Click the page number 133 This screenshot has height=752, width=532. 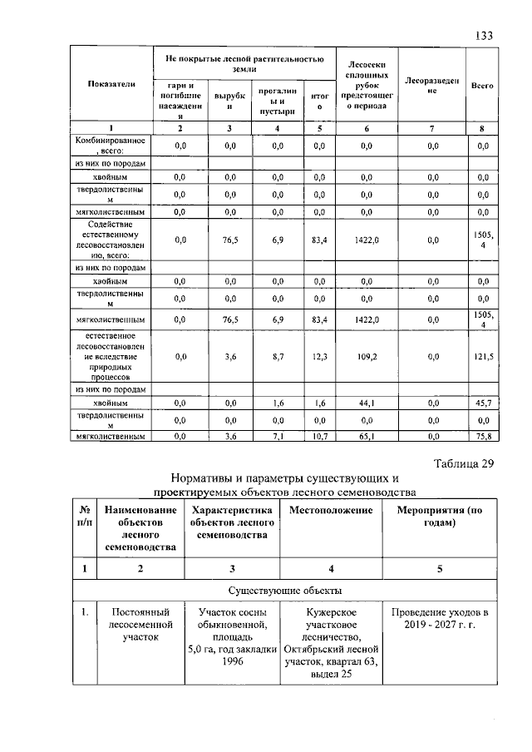[x=484, y=36]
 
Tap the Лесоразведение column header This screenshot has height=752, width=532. [x=431, y=86]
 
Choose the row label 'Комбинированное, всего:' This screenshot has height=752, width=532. [x=110, y=146]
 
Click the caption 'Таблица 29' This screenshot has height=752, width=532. [x=465, y=464]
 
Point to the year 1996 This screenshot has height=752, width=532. [x=232, y=663]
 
